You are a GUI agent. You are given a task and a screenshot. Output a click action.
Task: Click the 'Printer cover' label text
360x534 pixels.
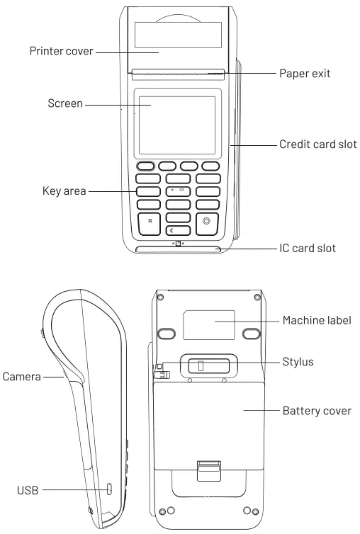[61, 52]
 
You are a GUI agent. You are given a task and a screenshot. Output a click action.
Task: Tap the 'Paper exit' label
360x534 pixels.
[305, 72]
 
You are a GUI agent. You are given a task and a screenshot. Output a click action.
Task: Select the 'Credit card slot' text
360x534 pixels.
[317, 144]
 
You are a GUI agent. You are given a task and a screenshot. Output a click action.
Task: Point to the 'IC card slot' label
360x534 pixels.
[307, 248]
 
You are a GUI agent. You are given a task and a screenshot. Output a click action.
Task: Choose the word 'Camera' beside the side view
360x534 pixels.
[22, 376]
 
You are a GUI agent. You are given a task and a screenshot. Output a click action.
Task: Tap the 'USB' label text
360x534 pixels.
[28, 489]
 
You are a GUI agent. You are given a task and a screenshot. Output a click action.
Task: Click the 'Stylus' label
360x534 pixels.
[298, 362]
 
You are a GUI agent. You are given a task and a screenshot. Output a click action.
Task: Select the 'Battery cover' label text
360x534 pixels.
[317, 411]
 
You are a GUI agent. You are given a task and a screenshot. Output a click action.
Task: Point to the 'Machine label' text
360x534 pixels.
[316, 321]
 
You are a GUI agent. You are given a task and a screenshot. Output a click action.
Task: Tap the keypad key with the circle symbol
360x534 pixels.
[207, 221]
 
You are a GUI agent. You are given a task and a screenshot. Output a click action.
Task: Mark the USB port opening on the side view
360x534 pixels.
[109, 489]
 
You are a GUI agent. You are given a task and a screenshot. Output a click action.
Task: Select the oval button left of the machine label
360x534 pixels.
[167, 332]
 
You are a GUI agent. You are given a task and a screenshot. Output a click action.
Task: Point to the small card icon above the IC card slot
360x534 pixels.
[179, 243]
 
